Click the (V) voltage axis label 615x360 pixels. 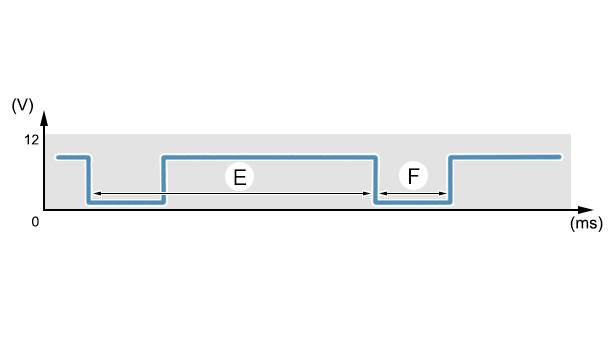(x=23, y=105)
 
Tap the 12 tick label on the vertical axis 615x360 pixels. (x=31, y=140)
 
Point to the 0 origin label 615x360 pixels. (x=35, y=222)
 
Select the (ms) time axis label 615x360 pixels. (x=586, y=223)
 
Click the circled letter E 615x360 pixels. (x=240, y=177)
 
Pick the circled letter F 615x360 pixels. (x=413, y=176)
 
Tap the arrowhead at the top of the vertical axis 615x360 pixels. (x=44, y=118)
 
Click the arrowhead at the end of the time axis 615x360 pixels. (x=586, y=210)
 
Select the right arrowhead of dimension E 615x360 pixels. (x=366, y=193)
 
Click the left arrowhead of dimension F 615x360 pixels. (x=384, y=193)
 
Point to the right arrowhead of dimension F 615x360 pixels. (x=442, y=193)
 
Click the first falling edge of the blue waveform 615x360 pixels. (x=88, y=180)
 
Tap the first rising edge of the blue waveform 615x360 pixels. (x=164, y=180)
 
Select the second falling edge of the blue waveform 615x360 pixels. (x=375, y=180)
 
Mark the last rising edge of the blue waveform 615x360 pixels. (x=450, y=180)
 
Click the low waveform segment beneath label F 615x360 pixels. (x=413, y=202)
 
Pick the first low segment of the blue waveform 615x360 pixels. (x=126, y=202)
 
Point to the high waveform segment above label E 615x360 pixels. (x=269, y=157)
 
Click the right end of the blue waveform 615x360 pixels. (x=560, y=157)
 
